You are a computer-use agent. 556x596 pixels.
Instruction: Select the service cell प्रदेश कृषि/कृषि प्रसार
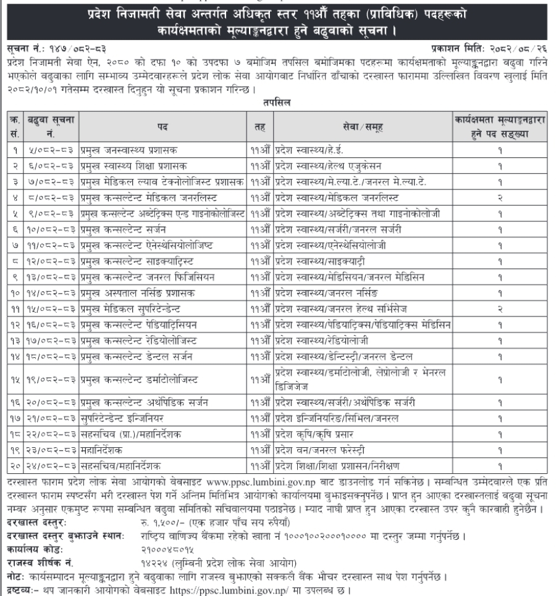(x=313, y=435)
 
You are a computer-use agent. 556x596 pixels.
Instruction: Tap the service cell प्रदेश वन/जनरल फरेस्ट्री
(x=317, y=451)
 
